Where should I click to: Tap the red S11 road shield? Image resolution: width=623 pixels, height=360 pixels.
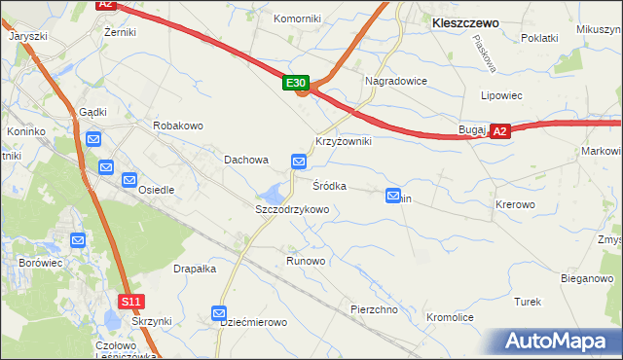(x=131, y=302)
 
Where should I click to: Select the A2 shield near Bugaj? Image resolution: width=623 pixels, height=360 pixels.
(x=499, y=130)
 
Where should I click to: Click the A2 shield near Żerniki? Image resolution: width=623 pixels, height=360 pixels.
(x=106, y=5)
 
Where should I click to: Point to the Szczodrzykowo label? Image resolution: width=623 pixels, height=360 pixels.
(x=292, y=209)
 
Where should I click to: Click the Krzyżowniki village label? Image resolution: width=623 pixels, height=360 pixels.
(x=344, y=141)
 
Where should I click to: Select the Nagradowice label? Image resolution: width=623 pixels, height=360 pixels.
(x=396, y=81)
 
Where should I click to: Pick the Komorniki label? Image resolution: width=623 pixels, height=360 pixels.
(x=297, y=18)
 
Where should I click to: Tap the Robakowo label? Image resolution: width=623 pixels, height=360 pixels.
(x=177, y=126)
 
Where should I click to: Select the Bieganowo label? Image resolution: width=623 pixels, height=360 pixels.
(x=587, y=278)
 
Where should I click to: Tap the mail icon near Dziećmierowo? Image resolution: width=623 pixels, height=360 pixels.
(x=220, y=313)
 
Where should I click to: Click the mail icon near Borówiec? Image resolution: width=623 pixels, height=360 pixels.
(x=78, y=240)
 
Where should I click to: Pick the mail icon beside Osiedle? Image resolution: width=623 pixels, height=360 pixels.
(x=129, y=180)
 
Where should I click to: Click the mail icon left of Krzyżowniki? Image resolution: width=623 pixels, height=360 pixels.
(x=300, y=161)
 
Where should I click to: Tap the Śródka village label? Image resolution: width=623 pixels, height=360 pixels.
(x=329, y=185)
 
